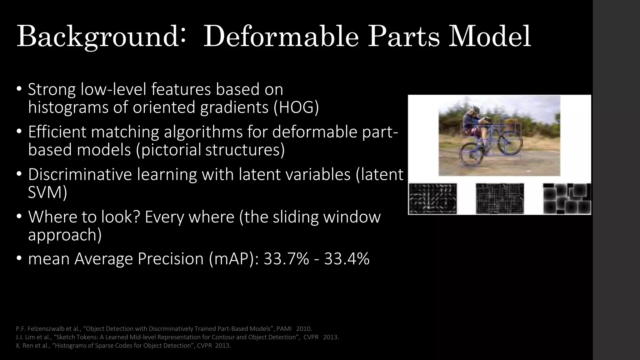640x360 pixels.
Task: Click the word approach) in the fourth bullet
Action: (x=65, y=234)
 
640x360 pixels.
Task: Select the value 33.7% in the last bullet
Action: (x=286, y=259)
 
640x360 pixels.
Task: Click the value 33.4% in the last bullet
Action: (x=347, y=259)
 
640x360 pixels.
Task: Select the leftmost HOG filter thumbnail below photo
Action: (x=433, y=199)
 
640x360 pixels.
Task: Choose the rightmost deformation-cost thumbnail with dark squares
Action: (x=567, y=199)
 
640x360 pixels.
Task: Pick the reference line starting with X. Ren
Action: (x=123, y=346)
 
